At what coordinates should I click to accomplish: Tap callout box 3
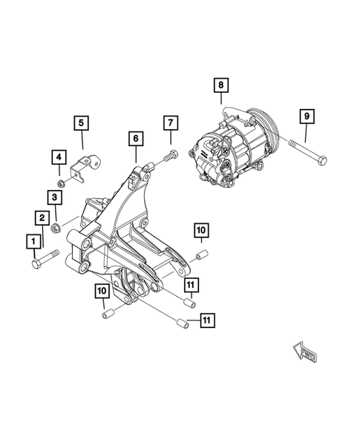point(55,196)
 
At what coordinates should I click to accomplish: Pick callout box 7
point(170,122)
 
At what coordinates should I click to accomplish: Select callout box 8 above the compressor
point(221,85)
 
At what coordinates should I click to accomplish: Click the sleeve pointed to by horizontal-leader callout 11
point(180,321)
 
